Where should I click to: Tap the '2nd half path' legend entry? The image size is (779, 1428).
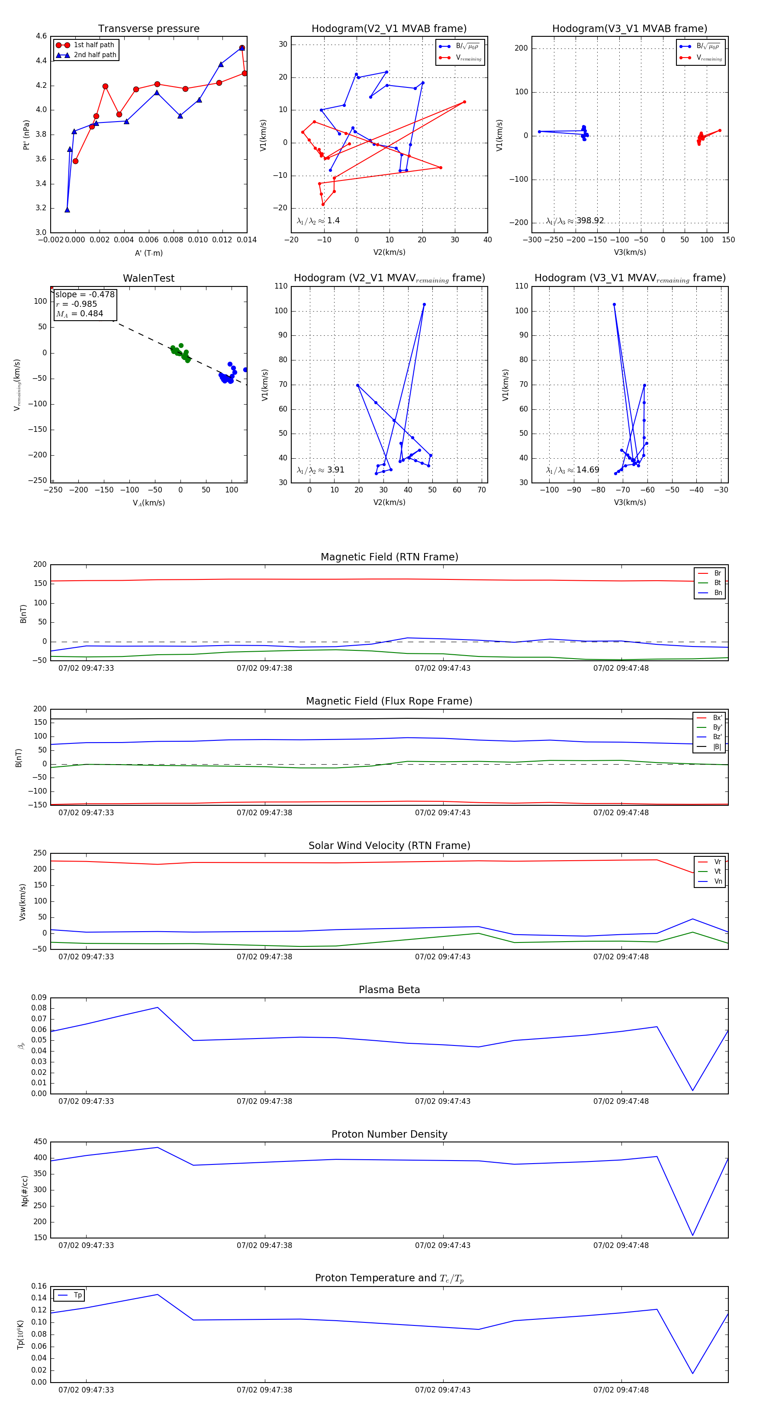95,55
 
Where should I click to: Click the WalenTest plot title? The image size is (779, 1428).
148,278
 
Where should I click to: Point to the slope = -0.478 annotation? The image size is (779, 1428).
85,294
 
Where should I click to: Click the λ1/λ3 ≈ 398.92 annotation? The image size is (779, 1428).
575,221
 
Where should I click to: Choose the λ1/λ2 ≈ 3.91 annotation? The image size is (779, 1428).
320,470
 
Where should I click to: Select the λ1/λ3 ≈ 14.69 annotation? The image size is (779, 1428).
573,470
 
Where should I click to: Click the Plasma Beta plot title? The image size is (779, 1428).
389,990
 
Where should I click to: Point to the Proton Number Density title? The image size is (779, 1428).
389,1134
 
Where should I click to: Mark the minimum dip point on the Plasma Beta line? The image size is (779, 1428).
692,1090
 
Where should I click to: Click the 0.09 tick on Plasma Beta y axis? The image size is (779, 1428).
39,998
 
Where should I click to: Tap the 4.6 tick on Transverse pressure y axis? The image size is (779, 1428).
41,36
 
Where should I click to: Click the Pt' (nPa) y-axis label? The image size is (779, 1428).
26,135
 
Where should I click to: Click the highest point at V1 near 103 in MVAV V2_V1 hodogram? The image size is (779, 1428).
424,304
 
